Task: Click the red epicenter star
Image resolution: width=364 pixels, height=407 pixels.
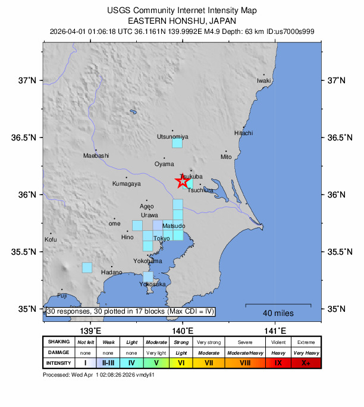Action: click(183, 181)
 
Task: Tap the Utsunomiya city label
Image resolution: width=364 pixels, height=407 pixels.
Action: click(172, 137)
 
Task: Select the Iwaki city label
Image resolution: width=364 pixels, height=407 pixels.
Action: click(263, 80)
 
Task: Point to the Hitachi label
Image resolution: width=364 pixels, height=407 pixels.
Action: click(243, 133)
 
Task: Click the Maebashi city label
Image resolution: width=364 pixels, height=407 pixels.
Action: click(96, 156)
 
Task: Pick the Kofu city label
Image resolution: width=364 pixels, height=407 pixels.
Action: click(51, 239)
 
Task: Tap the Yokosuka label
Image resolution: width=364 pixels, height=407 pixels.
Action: click(152, 284)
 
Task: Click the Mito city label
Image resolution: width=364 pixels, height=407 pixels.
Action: click(226, 157)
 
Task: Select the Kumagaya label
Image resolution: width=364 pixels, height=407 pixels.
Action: click(127, 184)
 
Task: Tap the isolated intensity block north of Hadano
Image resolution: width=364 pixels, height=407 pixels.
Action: click(87, 268)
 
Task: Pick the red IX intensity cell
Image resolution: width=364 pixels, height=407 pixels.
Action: click(278, 362)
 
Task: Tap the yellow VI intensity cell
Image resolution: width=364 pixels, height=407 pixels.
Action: click(181, 362)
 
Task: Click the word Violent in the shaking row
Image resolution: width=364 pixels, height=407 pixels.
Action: click(278, 342)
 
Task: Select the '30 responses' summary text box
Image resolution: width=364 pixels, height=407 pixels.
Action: click(130, 311)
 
